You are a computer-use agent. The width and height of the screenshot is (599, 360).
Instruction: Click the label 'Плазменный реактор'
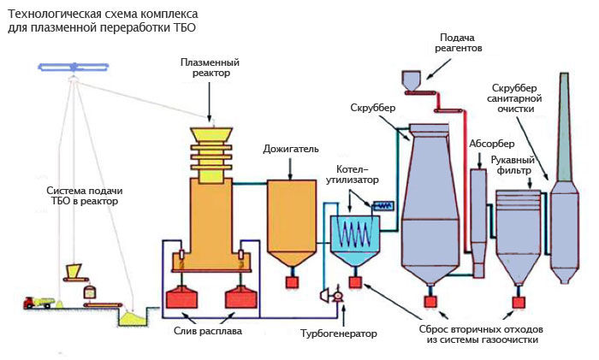coord(210,68)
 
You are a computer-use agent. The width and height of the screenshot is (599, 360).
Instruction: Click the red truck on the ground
coord(39,302)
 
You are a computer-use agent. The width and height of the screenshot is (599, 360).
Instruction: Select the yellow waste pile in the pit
coord(134,316)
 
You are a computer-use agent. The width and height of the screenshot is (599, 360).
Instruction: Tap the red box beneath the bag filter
coord(517,301)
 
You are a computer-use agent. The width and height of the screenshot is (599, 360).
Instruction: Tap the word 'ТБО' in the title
coord(187,26)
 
